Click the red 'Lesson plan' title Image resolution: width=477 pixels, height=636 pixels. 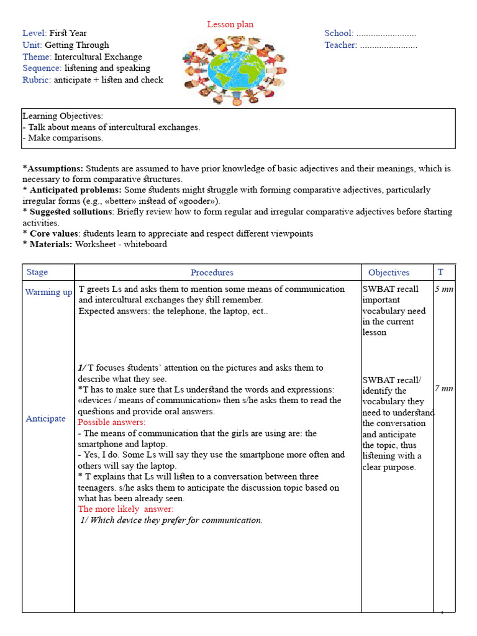tap(230, 24)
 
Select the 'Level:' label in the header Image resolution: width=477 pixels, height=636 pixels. tap(35, 34)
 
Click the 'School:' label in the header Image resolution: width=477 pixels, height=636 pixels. tap(338, 34)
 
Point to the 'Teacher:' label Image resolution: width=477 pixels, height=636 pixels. tap(340, 45)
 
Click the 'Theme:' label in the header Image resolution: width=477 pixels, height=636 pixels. tap(37, 57)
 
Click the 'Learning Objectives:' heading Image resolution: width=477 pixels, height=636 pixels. tap(63, 116)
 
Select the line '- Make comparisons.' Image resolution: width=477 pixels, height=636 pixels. tap(63, 138)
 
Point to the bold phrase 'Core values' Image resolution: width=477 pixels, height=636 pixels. tap(53, 234)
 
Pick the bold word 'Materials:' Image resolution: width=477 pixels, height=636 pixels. tap(51, 244)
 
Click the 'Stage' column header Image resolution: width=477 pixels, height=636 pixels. tap(37, 272)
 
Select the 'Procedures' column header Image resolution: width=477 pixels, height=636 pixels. tap(212, 273)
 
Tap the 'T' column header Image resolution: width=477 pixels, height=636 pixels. tap(440, 272)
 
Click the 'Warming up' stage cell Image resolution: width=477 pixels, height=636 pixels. tap(48, 292)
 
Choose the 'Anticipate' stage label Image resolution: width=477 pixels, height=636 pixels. tap(45, 419)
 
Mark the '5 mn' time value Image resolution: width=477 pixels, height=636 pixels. tap(443, 289)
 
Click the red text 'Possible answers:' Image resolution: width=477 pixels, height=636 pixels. tap(112, 422)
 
